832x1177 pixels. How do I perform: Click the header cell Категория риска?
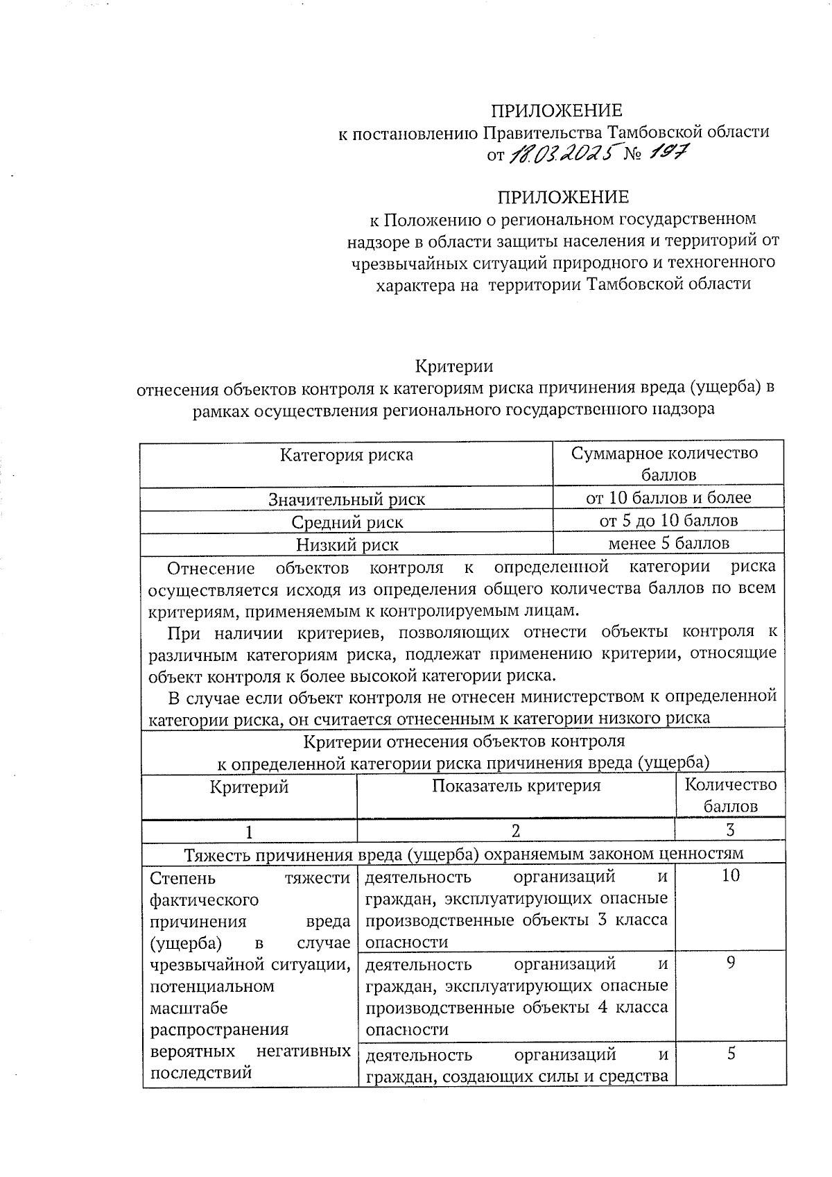click(346, 455)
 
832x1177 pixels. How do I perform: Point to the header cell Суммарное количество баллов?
click(668, 464)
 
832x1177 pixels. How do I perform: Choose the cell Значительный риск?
click(346, 499)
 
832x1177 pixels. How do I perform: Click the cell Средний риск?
click(346, 522)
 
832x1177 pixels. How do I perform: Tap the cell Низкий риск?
click(346, 544)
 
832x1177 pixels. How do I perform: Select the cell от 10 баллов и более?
click(668, 497)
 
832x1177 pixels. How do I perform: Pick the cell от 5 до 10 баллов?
click(668, 520)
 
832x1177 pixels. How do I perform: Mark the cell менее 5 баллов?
click(668, 543)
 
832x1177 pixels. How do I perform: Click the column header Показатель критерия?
click(516, 786)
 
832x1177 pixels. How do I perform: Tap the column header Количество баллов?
click(730, 796)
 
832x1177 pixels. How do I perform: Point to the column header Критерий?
click(249, 787)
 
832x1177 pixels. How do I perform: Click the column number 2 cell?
click(516, 831)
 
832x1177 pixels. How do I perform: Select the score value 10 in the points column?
click(730, 875)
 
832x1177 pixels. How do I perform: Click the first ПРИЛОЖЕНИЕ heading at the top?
click(556, 110)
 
